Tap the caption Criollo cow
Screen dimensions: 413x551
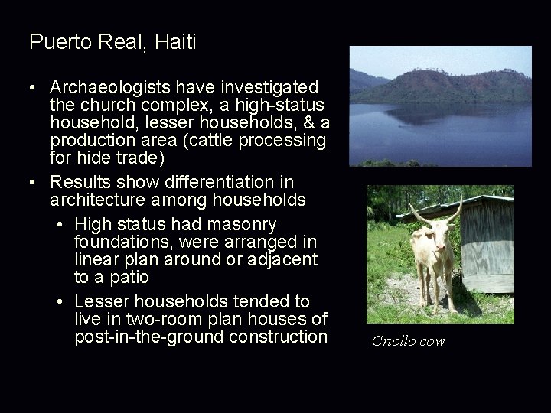pos(408,341)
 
